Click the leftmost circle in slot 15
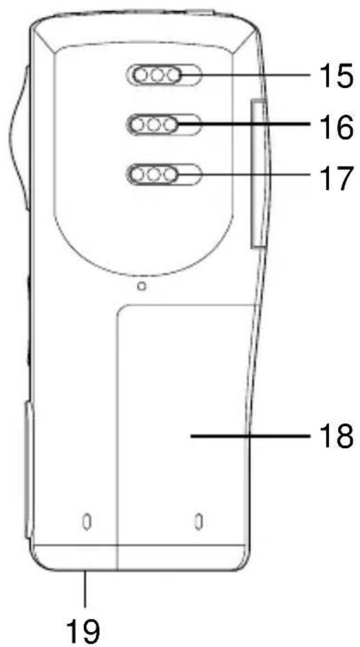[141, 76]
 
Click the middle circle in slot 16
[154, 125]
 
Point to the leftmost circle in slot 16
[138, 125]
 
